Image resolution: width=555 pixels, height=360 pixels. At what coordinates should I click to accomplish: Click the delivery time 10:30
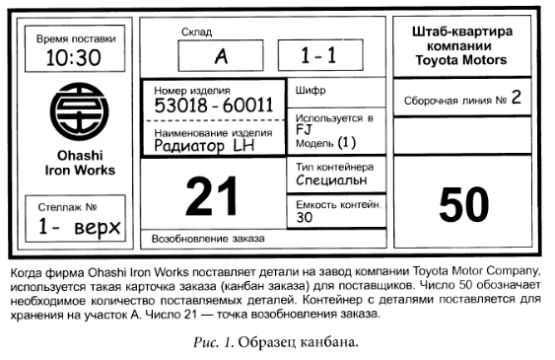74,58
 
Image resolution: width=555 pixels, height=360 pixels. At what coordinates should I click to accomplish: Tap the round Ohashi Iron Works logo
79,111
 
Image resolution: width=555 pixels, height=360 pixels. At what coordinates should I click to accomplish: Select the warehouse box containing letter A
221,55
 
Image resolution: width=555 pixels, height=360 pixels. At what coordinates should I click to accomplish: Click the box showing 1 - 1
320,55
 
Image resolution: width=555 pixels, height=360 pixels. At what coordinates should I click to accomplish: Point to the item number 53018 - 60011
214,106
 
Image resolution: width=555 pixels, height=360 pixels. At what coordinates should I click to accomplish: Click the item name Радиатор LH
204,146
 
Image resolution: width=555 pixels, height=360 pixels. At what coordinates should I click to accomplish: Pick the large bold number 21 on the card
212,196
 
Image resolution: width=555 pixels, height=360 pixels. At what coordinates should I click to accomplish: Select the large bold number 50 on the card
464,204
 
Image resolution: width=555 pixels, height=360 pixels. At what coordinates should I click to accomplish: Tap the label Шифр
311,91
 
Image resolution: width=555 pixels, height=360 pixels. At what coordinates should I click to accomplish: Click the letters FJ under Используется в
304,130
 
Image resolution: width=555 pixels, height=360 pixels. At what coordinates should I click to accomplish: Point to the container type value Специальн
331,180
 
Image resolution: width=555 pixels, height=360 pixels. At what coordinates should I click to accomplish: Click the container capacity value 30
305,217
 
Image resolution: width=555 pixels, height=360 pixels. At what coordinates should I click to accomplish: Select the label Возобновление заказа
208,239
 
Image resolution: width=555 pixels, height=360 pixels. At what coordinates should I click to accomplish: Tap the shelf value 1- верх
79,227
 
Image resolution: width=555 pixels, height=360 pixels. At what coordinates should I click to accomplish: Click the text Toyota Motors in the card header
461,60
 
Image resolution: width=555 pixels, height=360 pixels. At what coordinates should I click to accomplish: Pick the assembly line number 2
517,97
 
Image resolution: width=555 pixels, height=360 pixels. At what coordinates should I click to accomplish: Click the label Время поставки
76,38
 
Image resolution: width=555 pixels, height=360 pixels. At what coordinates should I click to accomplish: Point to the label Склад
197,33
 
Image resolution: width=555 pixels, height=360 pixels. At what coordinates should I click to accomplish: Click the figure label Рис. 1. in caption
214,342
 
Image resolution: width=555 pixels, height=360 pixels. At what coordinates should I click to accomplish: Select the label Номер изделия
192,91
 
